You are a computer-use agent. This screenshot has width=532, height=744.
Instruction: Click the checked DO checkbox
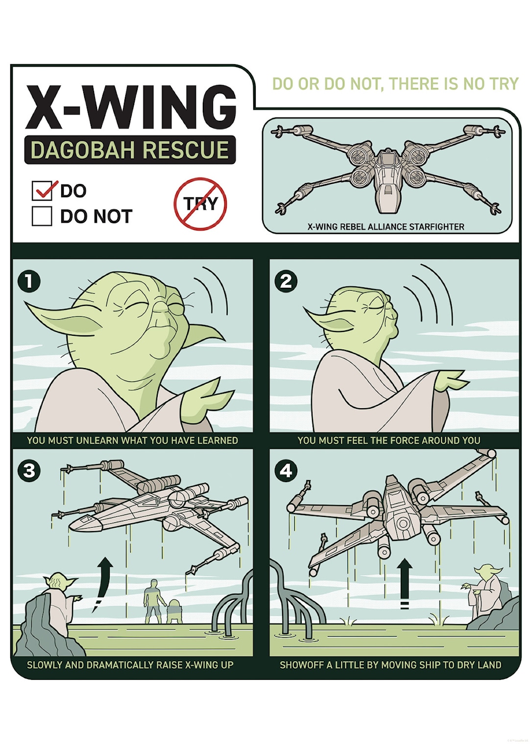42,190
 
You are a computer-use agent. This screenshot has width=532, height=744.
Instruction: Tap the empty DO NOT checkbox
42,216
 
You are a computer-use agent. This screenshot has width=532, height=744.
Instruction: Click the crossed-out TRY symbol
200,204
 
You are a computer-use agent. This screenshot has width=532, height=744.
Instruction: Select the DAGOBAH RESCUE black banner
130,150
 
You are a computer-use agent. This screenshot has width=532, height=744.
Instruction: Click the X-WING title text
131,107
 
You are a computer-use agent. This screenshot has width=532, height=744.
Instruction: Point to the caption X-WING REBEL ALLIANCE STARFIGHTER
386,227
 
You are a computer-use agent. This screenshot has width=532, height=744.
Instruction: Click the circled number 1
29,281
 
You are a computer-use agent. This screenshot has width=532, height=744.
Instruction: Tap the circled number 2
286,281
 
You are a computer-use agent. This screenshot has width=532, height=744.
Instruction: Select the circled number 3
29,471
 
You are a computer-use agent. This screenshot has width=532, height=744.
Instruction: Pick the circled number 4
286,471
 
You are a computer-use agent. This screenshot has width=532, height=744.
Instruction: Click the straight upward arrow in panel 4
404,582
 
